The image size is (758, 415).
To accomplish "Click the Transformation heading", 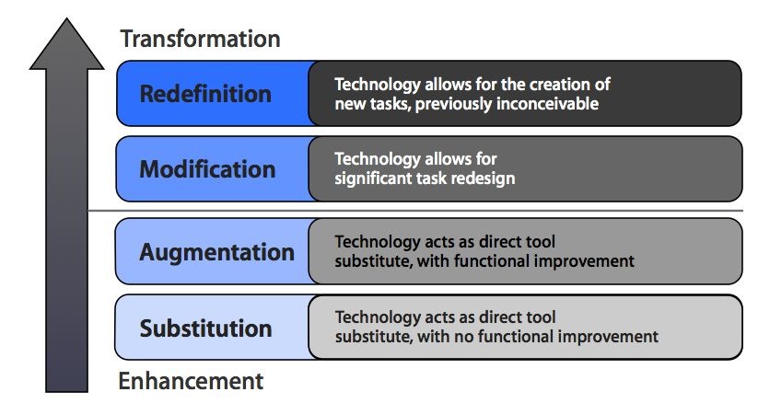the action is tap(200, 39).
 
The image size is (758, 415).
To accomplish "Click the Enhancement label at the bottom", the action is tap(191, 381).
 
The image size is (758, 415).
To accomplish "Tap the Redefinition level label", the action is tap(205, 94).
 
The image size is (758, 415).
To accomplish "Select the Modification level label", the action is tap(207, 169).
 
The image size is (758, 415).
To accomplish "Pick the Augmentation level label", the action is tap(217, 253).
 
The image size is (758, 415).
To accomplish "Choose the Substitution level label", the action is tap(206, 329).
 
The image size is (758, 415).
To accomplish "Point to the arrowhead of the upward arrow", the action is tap(66, 43).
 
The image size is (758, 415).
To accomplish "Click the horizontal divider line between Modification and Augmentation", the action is tap(415, 211).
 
